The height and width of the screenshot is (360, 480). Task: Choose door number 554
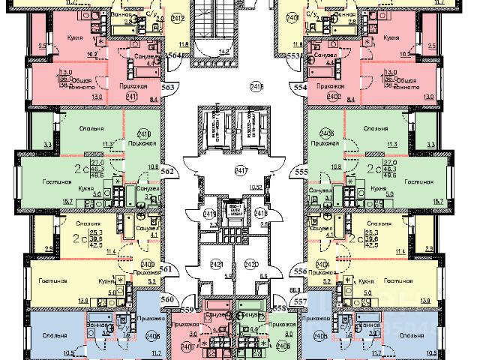coord(301,87)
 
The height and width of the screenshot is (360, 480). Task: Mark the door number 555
coord(301,172)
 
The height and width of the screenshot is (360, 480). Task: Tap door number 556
coord(301,271)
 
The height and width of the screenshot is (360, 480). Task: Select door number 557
coord(301,301)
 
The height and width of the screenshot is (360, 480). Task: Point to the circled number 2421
coord(216,264)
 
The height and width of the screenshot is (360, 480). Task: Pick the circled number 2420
coord(252,264)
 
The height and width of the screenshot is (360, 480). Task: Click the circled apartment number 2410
coord(145,135)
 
